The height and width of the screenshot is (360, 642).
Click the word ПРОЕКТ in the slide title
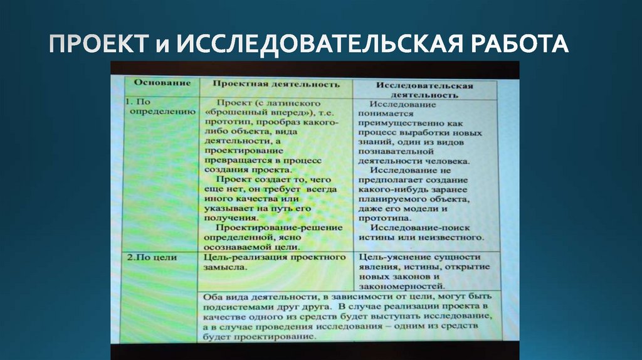95,45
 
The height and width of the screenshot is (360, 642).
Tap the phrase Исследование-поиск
419,228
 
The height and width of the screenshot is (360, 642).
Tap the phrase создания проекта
248,169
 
